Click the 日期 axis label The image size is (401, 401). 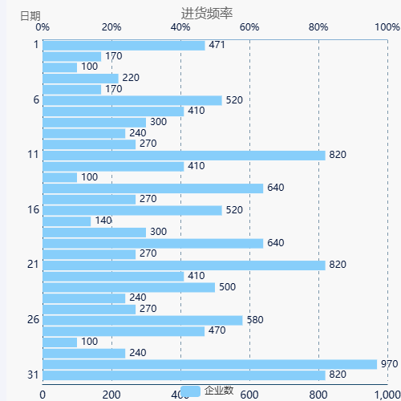click(x=30, y=15)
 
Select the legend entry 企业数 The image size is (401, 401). click(x=207, y=391)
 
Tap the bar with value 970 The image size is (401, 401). click(x=209, y=364)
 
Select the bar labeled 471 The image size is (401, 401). click(x=124, y=46)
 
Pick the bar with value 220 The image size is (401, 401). click(x=80, y=79)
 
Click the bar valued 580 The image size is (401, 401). click(x=142, y=320)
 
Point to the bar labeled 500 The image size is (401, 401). click(x=128, y=287)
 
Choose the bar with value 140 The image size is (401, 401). click(x=67, y=221)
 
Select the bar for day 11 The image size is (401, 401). click(x=184, y=156)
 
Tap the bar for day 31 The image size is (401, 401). click(x=184, y=375)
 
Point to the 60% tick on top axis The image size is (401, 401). click(x=249, y=27)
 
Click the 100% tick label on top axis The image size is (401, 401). click(x=387, y=27)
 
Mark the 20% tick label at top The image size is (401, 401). click(x=112, y=27)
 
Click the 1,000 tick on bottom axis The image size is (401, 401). click(x=387, y=394)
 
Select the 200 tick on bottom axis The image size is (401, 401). click(x=111, y=394)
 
